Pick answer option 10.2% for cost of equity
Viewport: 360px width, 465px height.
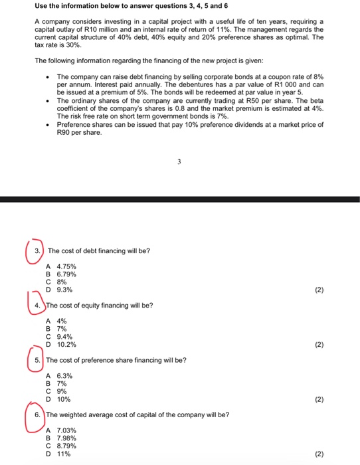[x=66, y=345]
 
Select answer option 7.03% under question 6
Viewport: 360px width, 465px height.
[x=66, y=430]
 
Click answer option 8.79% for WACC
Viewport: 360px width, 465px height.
[x=66, y=446]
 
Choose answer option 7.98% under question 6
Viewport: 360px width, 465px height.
[x=66, y=438]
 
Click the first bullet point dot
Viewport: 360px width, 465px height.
[x=50, y=76]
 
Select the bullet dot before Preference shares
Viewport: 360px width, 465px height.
[x=50, y=124]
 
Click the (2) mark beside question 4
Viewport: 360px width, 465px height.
[x=319, y=345]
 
